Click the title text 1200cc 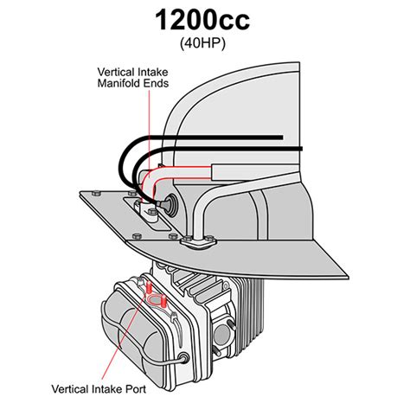[x=204, y=21]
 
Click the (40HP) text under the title [x=204, y=43]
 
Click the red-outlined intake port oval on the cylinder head [x=157, y=300]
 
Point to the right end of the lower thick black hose [x=299, y=149]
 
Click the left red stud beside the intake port [x=149, y=286]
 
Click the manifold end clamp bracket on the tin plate [x=142, y=212]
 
